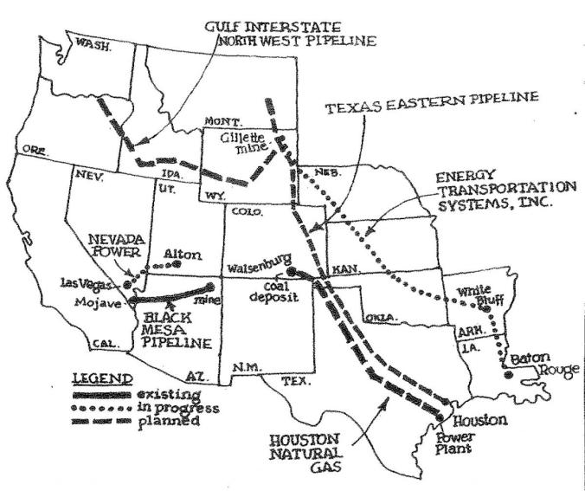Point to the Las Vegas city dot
[x=128, y=283]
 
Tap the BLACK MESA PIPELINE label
[x=181, y=330]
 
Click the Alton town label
[x=182, y=255]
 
